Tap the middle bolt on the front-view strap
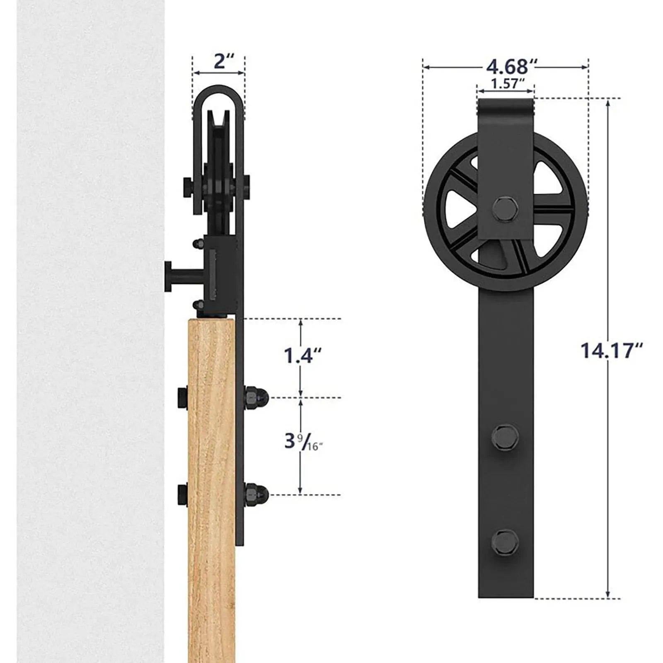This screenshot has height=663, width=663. pos(505,436)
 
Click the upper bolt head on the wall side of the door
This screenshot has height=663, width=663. pos(182,397)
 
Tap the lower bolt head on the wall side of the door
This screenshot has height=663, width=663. pos(182,494)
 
